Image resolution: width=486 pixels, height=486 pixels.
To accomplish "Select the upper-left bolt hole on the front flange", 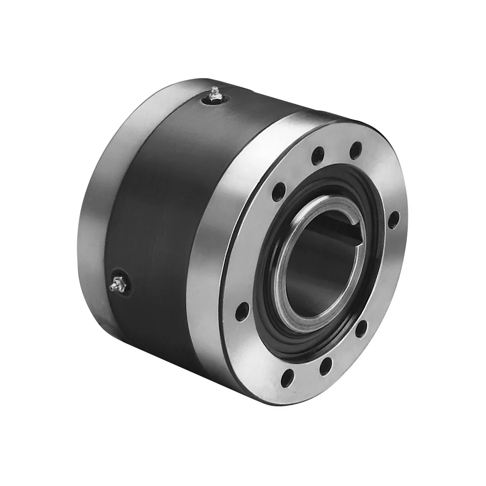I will coord(278,192).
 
